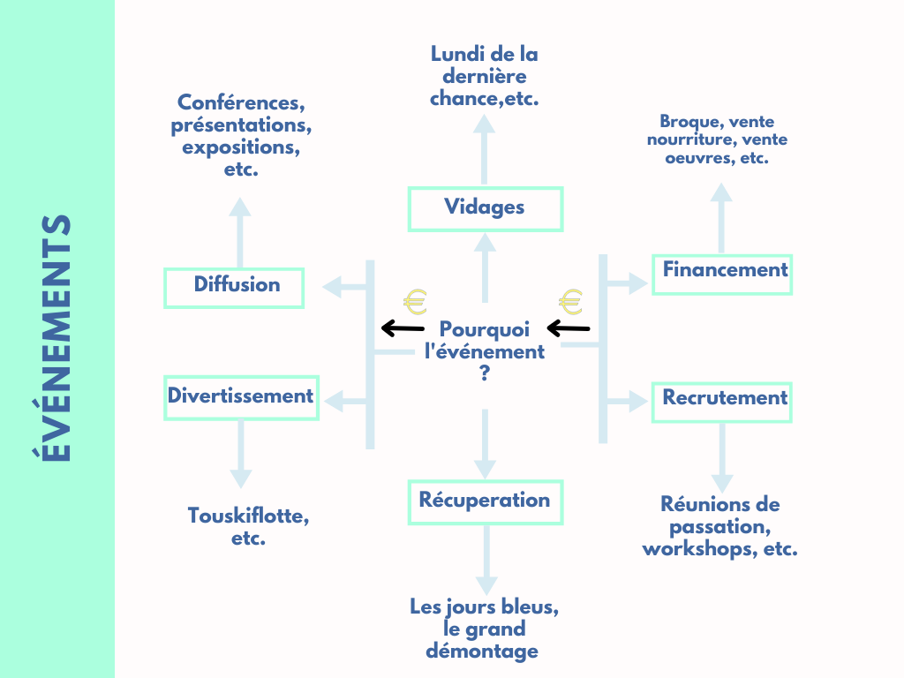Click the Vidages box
485,208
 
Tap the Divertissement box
241,397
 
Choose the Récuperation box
485,501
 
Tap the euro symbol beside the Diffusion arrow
415,302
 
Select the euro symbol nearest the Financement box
571,302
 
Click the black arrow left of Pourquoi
402,329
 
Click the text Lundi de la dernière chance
485,76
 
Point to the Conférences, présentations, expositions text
241,135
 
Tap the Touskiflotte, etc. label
248,526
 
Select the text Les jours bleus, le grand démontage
484,629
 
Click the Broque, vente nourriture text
717,140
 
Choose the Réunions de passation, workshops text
720,526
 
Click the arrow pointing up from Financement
721,217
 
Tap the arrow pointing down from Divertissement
241,454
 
